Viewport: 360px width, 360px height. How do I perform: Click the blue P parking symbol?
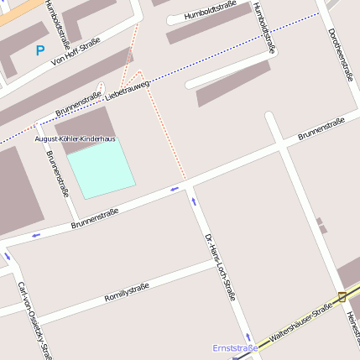39,50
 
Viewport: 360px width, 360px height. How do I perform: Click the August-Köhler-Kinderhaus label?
75,138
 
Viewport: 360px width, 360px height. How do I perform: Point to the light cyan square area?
101,169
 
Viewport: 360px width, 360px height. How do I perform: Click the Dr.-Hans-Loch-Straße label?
220,268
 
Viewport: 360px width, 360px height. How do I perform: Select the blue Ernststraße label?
234,347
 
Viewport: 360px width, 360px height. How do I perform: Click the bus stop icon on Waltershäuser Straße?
342,296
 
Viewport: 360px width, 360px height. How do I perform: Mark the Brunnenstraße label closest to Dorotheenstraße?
321,128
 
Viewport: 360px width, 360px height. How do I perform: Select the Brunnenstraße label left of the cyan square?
58,173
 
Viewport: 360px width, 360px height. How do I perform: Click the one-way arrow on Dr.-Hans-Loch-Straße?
194,201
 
